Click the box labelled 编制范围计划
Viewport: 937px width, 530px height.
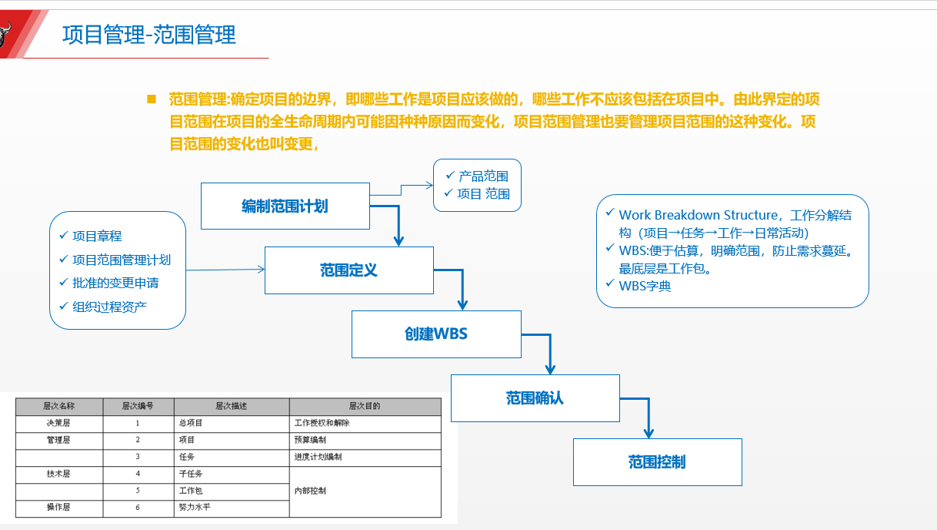coord(285,206)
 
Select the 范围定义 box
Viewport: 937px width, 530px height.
coord(348,270)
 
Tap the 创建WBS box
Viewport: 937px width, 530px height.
coord(436,334)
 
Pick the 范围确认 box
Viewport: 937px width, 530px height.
coord(535,398)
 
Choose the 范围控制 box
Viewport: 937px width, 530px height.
coord(657,462)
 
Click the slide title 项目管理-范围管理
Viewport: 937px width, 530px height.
coord(148,35)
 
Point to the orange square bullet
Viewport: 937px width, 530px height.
coord(152,99)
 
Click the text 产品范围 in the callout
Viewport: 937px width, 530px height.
coord(483,176)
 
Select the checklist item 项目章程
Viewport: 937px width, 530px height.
coord(97,236)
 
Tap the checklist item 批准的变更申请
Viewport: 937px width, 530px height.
coord(115,283)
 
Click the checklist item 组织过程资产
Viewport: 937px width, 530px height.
coord(109,307)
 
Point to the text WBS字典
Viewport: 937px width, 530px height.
coord(645,287)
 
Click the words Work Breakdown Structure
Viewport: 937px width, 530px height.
coord(698,216)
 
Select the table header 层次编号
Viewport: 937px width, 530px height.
coord(138,406)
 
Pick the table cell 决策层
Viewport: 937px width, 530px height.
coord(58,423)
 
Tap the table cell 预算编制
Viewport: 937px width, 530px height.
coord(310,440)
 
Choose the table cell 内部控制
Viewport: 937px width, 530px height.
coord(310,491)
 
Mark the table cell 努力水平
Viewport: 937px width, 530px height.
coord(194,508)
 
